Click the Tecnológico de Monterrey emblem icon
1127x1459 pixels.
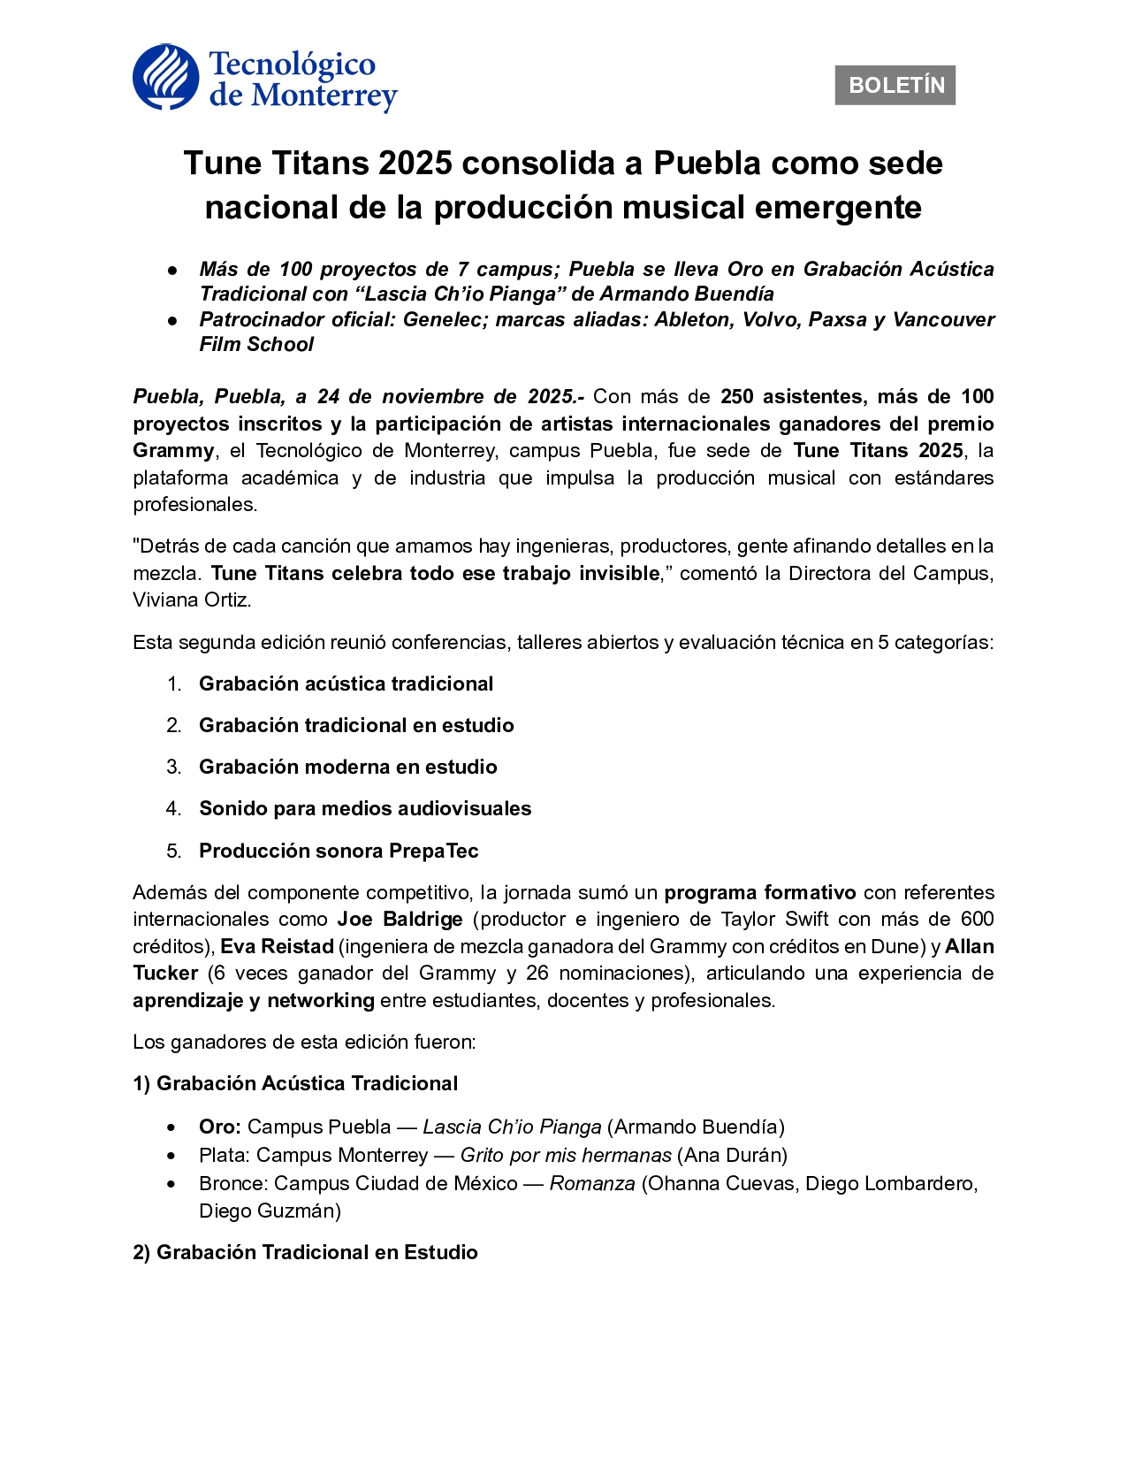(x=165, y=78)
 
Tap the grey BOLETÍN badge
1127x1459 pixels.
(x=895, y=86)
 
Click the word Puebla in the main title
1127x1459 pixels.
(x=707, y=164)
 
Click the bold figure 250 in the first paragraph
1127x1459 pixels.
(x=737, y=397)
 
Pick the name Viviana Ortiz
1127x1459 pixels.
(x=191, y=600)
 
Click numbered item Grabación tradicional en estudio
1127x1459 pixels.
(x=356, y=726)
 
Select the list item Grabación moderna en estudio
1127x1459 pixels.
(x=347, y=768)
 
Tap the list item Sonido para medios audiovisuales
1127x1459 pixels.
(x=365, y=809)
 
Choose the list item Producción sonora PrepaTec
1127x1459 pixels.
(x=339, y=852)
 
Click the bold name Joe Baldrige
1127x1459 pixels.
(x=400, y=920)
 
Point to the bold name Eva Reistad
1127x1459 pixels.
(x=277, y=947)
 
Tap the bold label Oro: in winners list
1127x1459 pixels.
(x=220, y=1127)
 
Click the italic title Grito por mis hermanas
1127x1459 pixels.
(x=566, y=1156)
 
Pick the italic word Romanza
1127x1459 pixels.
(x=592, y=1184)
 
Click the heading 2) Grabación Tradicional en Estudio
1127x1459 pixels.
(x=305, y=1253)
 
